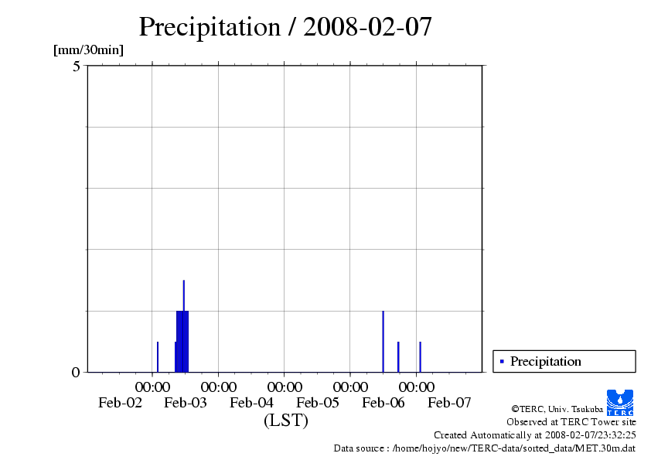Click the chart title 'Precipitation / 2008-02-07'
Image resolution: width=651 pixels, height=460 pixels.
point(285,28)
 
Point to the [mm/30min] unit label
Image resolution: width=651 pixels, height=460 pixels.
point(88,50)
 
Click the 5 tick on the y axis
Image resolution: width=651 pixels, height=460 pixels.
point(77,66)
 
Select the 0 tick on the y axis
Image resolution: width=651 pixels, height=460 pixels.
point(76,373)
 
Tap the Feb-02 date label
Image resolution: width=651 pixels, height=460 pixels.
point(120,403)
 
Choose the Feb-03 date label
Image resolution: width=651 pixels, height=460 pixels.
point(186,403)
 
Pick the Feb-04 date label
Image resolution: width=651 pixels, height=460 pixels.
point(252,403)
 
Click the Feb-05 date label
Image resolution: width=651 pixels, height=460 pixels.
point(318,403)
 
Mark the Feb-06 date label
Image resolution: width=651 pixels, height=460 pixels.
point(383,403)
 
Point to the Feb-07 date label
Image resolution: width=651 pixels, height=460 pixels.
point(449,403)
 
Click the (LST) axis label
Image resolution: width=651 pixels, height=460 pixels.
point(285,421)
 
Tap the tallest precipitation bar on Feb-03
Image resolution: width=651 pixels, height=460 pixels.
point(184,325)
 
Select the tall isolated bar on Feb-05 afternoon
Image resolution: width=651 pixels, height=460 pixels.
point(383,341)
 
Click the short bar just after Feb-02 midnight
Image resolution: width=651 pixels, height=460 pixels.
point(158,356)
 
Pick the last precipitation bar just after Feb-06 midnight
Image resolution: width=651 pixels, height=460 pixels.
point(420,356)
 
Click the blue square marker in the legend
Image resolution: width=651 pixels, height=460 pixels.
point(502,361)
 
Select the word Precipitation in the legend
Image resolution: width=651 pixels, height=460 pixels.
point(545,361)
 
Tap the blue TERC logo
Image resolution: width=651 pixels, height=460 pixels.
point(619,401)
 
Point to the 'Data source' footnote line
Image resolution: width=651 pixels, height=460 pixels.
point(484,448)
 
